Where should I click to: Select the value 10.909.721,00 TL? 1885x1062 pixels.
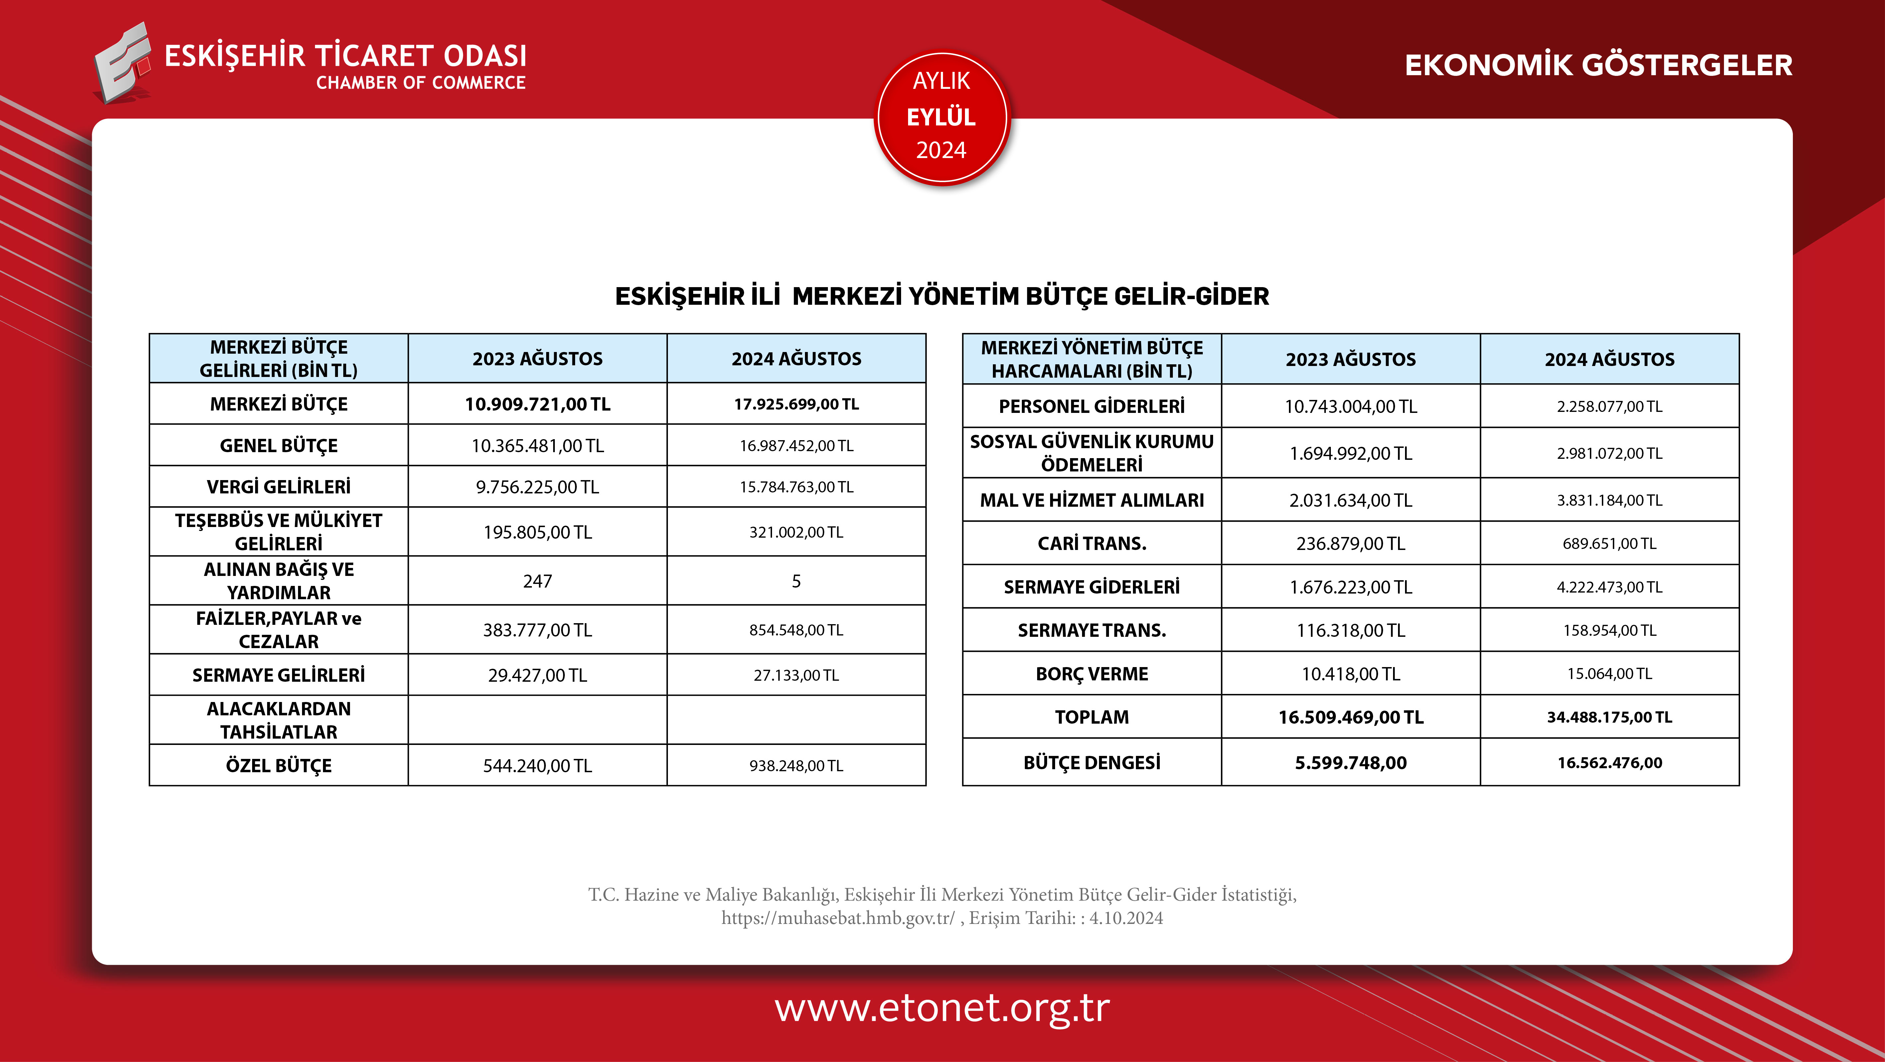coord(538,404)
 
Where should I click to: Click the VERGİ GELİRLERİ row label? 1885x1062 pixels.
coord(279,487)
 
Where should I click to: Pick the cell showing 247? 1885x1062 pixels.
coord(538,581)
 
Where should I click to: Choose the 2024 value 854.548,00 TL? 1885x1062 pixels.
coord(796,630)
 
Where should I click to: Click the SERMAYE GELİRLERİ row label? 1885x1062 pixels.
coord(279,675)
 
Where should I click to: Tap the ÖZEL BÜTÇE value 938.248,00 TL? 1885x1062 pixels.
coord(796,766)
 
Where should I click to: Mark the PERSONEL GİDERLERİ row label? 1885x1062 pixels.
coord(1092,406)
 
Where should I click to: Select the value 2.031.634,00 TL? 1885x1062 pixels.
coord(1351,501)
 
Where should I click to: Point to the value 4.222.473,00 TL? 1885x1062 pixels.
coord(1610,587)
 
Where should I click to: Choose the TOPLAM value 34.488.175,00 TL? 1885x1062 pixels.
coord(1610,717)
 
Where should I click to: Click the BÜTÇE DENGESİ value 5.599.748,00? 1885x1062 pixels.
coord(1351,763)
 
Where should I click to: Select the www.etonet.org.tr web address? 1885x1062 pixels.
coord(943,1008)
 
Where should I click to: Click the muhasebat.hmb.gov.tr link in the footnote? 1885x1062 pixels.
coord(838,918)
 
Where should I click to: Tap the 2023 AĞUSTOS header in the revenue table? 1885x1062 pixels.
coord(538,359)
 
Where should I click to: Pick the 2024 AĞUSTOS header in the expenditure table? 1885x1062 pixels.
coord(1610,359)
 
